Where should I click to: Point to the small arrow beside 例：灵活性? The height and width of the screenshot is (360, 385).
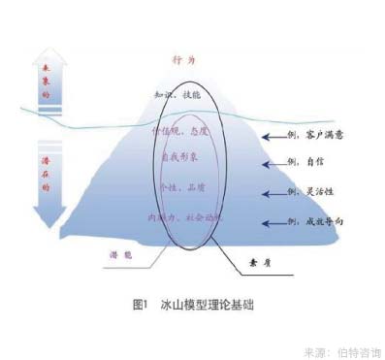point(275,194)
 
